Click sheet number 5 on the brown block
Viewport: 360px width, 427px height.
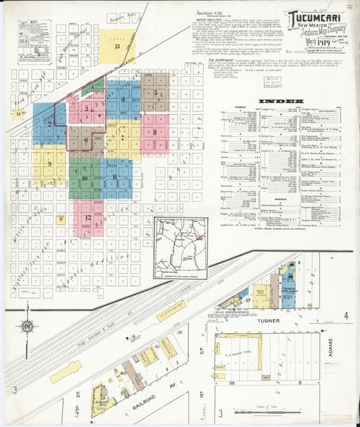155,93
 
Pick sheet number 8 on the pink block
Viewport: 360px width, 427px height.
155,132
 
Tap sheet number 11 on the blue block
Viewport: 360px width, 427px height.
115,177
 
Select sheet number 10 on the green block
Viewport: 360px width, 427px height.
84,178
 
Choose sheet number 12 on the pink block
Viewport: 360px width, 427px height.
88,217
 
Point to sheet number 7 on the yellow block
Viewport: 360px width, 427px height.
122,138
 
